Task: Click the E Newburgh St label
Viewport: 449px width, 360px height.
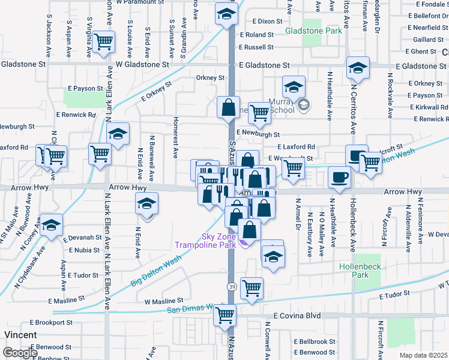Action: (258, 134)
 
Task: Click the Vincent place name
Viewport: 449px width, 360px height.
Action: (21, 334)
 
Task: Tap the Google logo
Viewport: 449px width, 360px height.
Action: (20, 353)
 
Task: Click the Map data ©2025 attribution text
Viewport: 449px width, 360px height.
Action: (423, 355)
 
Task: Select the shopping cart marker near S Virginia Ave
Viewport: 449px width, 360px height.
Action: (104, 42)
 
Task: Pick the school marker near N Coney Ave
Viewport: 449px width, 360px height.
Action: (52, 225)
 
